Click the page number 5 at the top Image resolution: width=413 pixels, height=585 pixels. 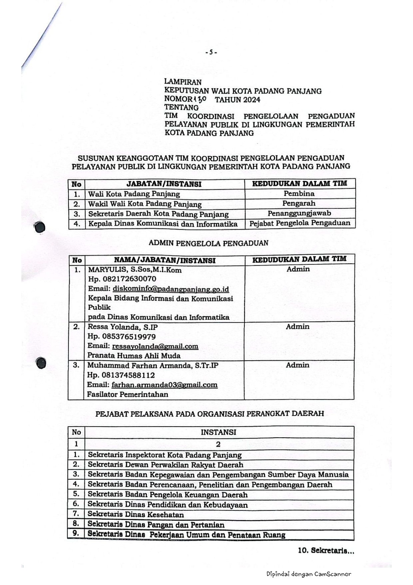(x=211, y=52)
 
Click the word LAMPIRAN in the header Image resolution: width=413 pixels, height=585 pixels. (x=183, y=82)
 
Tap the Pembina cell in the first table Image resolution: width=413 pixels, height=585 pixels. (x=299, y=193)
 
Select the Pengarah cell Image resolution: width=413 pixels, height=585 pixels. (x=299, y=203)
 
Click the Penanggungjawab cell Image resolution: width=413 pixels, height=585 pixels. (x=299, y=213)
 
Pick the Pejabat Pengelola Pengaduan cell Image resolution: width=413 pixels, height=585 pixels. (x=300, y=223)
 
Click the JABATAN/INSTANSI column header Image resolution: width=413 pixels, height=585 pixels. (x=164, y=184)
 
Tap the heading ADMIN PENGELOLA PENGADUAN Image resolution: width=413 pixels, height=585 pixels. (x=208, y=243)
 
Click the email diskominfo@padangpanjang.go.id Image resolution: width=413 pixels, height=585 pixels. (x=171, y=289)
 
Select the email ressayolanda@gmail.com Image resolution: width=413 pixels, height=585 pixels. (x=155, y=346)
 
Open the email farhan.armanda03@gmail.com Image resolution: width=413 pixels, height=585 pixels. (x=165, y=385)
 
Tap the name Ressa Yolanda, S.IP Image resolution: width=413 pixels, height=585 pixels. (x=122, y=327)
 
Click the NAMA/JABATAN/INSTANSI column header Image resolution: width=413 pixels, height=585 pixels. (x=165, y=260)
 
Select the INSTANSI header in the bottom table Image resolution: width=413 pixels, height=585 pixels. (x=218, y=432)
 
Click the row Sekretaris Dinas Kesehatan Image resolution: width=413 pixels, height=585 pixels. (x=136, y=514)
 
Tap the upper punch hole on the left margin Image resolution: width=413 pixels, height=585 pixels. (x=40, y=227)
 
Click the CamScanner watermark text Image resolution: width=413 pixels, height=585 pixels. (x=308, y=574)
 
